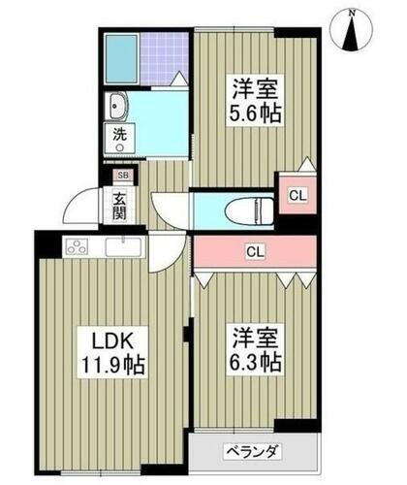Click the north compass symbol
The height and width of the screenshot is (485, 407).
[x=352, y=32]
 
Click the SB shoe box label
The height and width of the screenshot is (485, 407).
[x=122, y=176]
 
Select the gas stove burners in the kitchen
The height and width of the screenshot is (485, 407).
[x=76, y=246]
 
